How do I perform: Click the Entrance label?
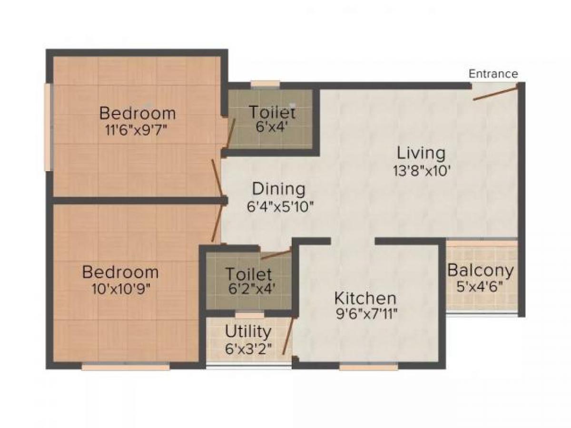493,74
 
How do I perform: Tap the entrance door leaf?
494,93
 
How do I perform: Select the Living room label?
421,153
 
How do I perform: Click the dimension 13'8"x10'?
421,170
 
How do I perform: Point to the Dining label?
278,189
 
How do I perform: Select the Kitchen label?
365,298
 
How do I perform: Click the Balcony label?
481,270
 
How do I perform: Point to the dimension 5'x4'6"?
481,287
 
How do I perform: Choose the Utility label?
248,331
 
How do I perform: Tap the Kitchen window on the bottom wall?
368,367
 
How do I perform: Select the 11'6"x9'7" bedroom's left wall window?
48,127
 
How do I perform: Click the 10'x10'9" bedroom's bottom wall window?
126,367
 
